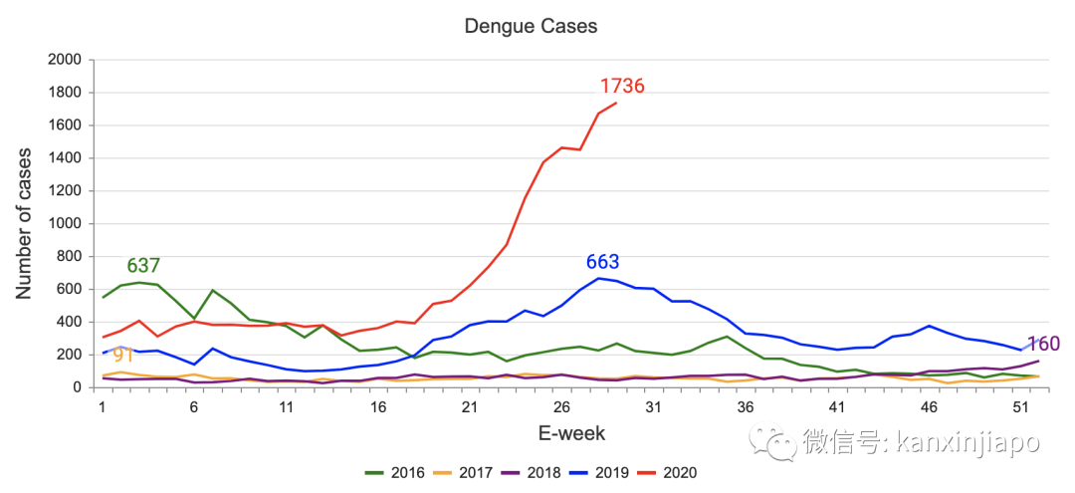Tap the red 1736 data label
(x=622, y=87)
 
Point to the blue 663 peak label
(x=602, y=263)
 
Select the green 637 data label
(x=143, y=266)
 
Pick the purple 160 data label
(x=1043, y=345)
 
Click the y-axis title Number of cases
(x=24, y=223)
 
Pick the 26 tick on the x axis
(x=560, y=406)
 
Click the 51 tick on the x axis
(x=1019, y=406)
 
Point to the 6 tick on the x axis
(x=193, y=406)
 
